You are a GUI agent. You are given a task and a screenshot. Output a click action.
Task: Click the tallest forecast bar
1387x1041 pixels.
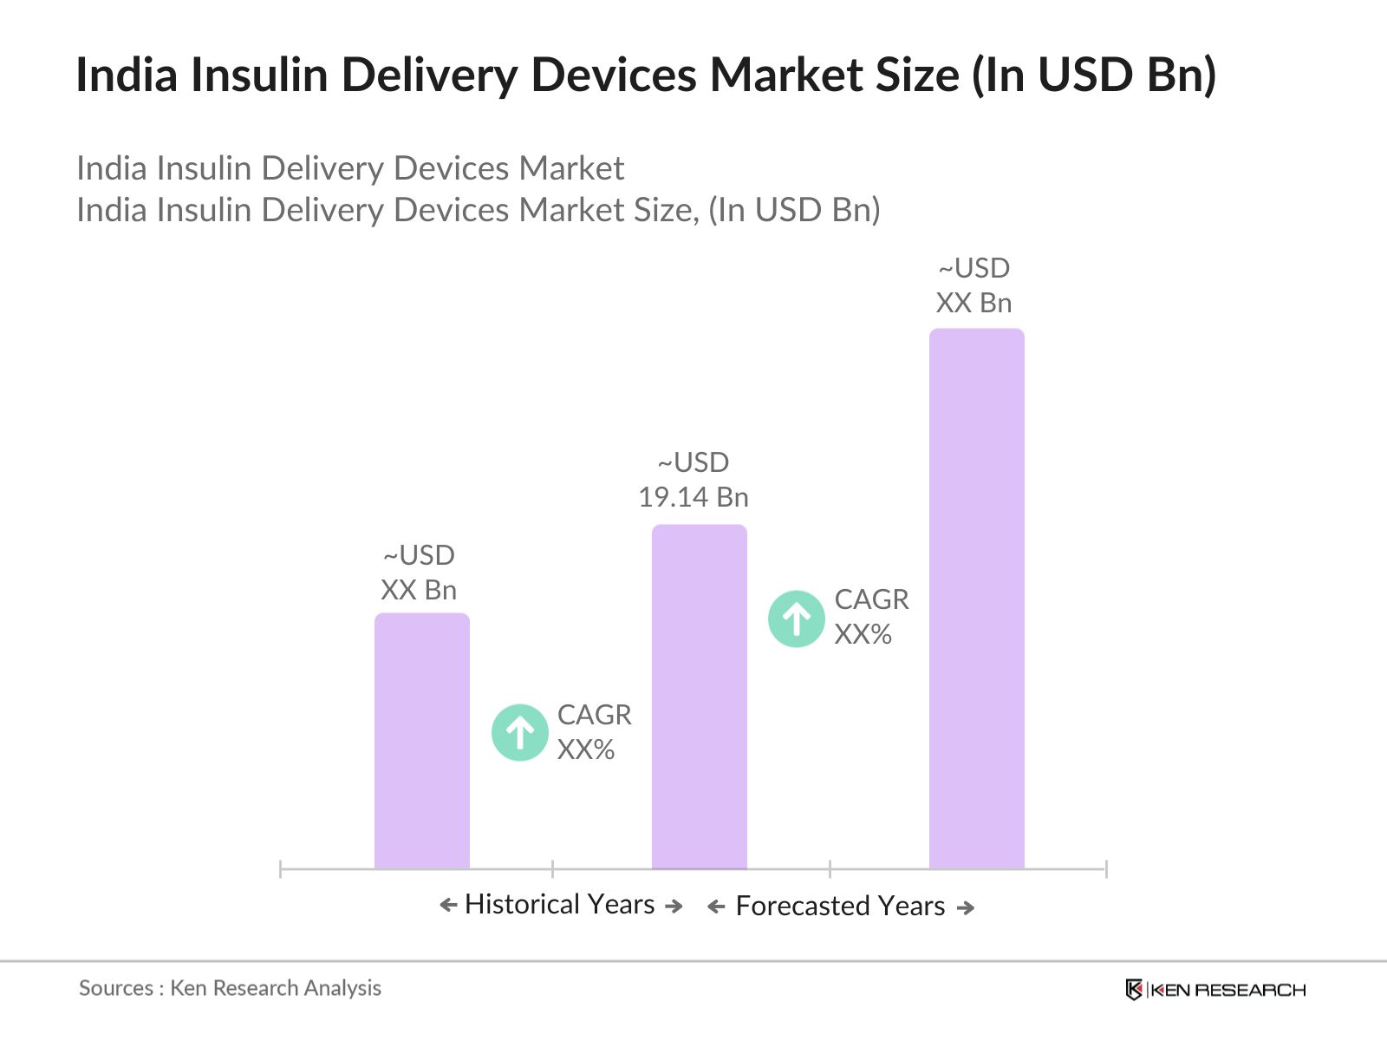pos(976,599)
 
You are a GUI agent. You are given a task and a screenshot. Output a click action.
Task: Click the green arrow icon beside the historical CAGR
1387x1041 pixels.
pos(519,732)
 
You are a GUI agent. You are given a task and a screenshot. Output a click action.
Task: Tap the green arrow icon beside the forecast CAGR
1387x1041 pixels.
pos(796,619)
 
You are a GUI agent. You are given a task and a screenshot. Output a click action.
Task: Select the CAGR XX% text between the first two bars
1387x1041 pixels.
pos(594,731)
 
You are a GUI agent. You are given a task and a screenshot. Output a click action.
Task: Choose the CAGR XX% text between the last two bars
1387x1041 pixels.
pos(870,617)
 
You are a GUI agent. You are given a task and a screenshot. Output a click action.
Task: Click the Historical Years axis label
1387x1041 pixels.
pos(559,904)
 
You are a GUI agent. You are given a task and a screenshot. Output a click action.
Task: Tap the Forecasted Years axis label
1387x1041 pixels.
pos(840,906)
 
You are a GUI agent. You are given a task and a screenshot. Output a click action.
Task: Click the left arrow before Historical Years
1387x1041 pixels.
pos(448,906)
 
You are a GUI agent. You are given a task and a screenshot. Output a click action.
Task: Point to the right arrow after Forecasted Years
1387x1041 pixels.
pos(965,907)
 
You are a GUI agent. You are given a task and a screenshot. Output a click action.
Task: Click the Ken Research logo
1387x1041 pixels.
pos(1214,989)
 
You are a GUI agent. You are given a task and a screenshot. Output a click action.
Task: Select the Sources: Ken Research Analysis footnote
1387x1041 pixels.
pos(230,987)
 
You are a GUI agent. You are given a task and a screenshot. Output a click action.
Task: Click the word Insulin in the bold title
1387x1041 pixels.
pos(259,75)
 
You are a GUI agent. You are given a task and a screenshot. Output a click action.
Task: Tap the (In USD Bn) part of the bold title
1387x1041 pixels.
pos(1094,75)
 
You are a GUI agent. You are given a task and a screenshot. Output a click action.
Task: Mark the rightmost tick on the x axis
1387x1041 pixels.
pos(1105,868)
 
